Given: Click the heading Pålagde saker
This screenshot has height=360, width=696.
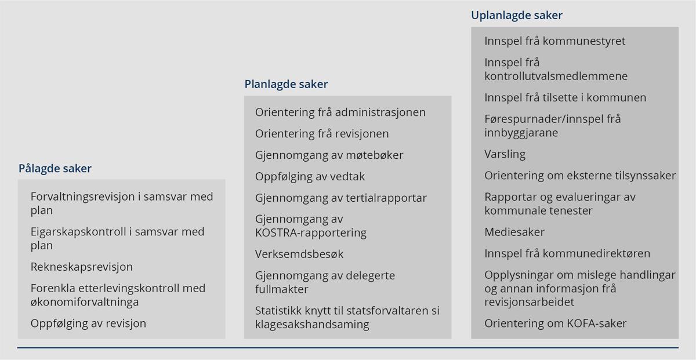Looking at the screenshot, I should (x=55, y=169).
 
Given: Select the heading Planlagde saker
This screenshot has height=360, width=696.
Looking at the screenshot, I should (x=286, y=85).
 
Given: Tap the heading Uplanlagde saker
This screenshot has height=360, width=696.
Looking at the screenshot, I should (x=517, y=16).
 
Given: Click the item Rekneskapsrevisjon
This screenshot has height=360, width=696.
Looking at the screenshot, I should (x=82, y=267).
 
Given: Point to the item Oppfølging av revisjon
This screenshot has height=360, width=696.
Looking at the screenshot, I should (x=88, y=323).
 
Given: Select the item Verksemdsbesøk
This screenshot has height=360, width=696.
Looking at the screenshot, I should (x=299, y=254).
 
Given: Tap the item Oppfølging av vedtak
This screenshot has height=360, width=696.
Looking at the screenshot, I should (x=310, y=176).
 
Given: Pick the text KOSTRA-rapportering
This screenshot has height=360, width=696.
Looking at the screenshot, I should (x=311, y=233).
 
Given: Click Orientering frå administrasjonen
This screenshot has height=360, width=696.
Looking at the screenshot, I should (x=340, y=112).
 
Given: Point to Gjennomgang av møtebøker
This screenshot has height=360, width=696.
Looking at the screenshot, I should (x=329, y=155).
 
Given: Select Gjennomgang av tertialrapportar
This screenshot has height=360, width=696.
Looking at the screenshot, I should (x=341, y=198).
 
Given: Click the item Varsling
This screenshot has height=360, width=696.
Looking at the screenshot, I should (x=505, y=154).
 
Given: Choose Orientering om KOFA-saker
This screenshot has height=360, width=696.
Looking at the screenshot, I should (x=556, y=323).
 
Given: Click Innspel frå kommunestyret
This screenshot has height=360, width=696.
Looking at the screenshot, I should (x=555, y=41).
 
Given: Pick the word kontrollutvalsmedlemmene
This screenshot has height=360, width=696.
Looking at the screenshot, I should (x=556, y=76).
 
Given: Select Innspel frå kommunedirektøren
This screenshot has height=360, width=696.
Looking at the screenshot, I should (x=567, y=253).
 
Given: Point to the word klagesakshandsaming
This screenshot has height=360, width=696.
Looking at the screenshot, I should (x=312, y=325).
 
